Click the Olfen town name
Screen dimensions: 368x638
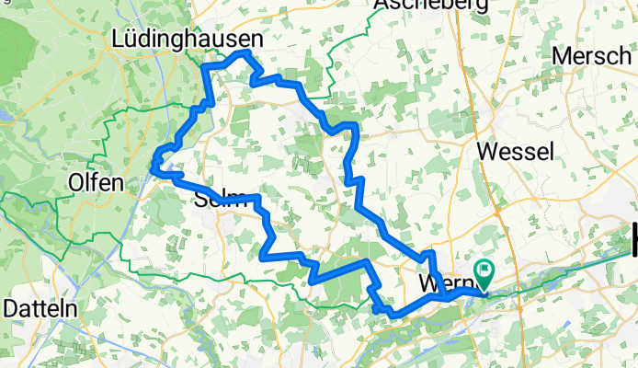pos(96,182)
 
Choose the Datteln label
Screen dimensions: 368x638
pos(40,309)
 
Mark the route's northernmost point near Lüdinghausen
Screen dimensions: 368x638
pos(244,53)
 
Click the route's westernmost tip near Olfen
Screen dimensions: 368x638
pos(153,167)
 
